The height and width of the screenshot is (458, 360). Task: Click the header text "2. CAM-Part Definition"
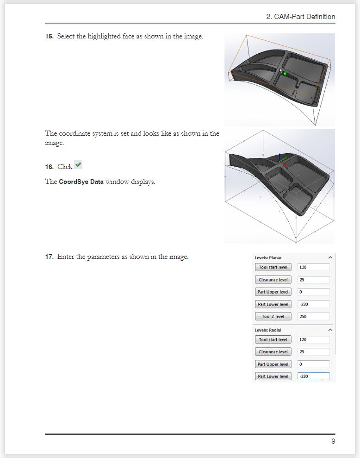(x=301, y=17)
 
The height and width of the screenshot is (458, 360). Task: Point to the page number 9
(x=333, y=441)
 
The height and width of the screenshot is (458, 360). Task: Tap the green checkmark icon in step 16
(x=78, y=165)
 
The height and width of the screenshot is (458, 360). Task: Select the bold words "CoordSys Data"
(x=81, y=182)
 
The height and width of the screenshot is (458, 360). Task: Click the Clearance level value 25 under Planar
(x=313, y=280)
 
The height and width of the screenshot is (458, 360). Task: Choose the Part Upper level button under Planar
(x=273, y=292)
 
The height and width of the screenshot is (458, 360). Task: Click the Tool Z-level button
(x=273, y=317)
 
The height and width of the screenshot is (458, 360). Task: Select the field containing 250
(x=313, y=317)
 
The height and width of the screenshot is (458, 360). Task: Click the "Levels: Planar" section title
(x=268, y=257)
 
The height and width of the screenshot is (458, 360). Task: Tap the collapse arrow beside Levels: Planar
(x=330, y=257)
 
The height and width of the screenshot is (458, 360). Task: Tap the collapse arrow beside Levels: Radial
(x=330, y=330)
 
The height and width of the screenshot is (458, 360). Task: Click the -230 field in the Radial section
(x=313, y=376)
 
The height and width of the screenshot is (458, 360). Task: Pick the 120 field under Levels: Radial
(x=313, y=339)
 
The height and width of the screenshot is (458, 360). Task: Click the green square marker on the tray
(x=285, y=74)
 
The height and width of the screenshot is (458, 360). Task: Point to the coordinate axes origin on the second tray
(x=279, y=163)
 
